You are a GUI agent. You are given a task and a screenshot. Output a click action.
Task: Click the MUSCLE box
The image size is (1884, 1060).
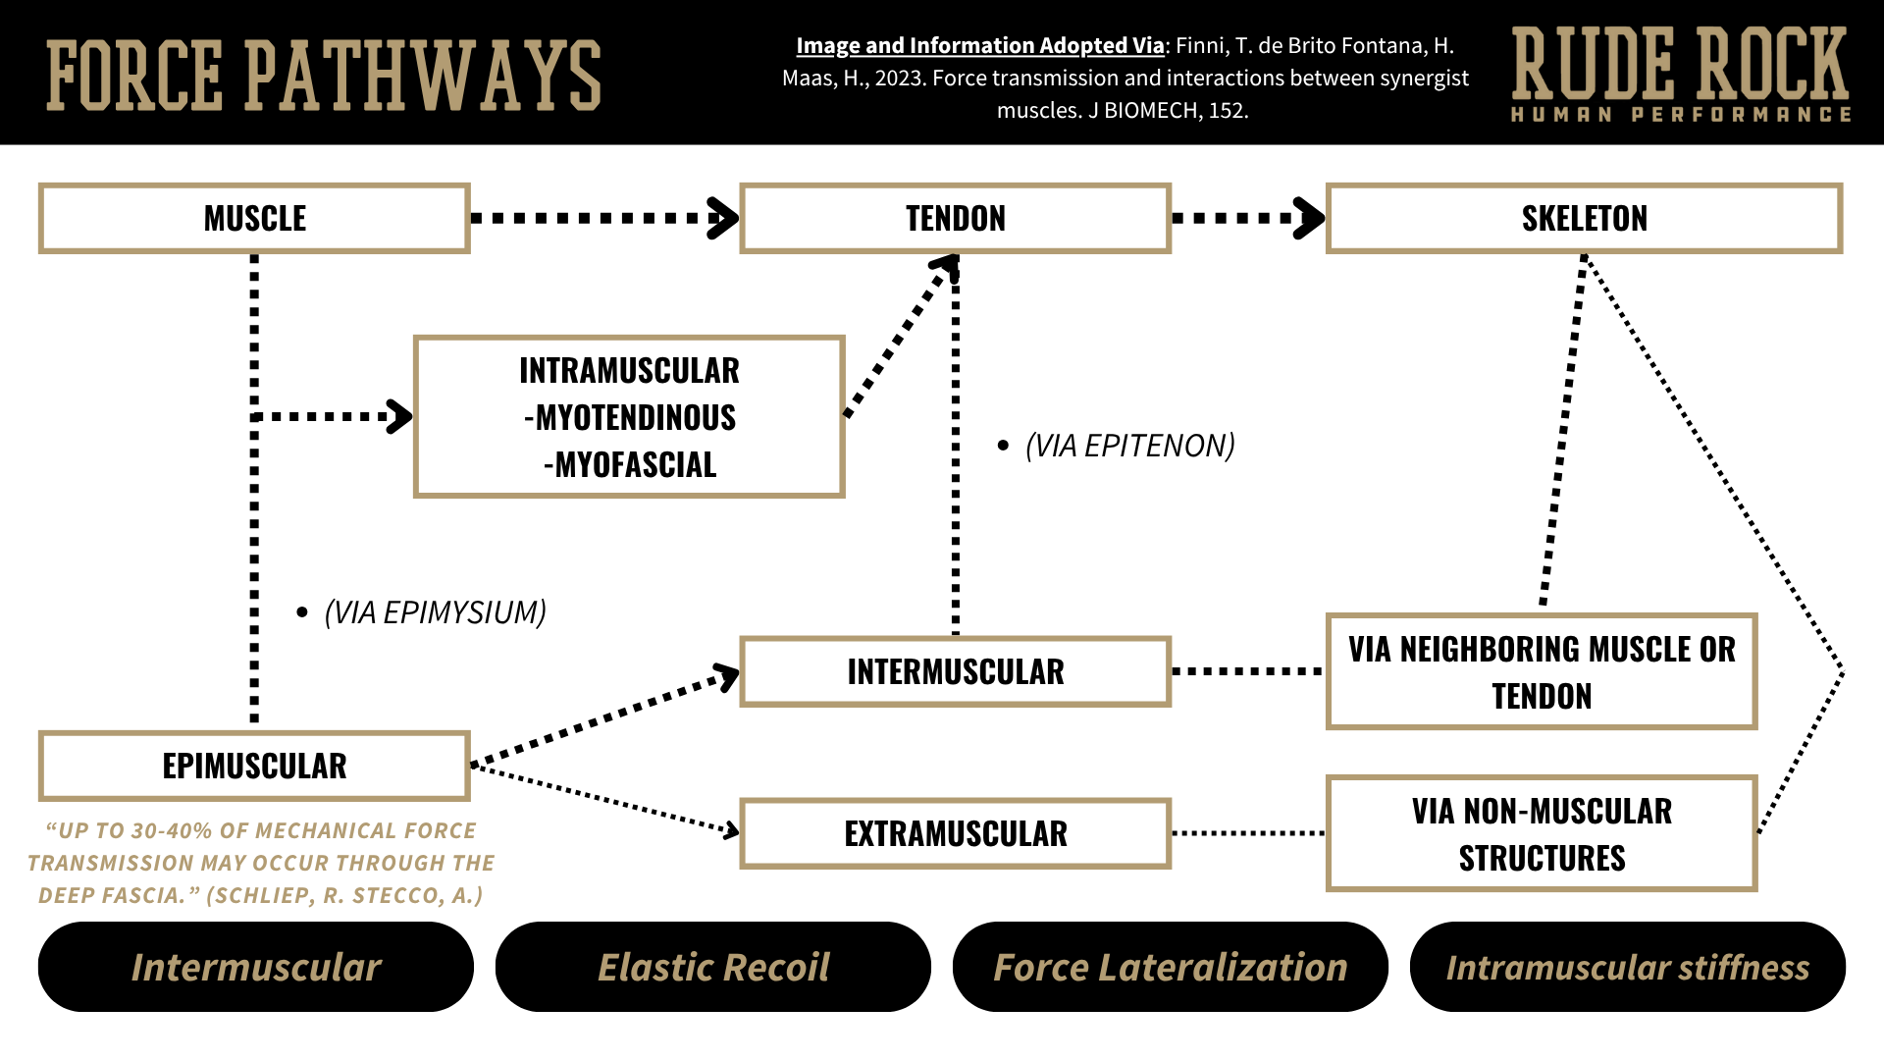point(254,218)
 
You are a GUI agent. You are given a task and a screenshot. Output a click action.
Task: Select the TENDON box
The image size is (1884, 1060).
point(955,218)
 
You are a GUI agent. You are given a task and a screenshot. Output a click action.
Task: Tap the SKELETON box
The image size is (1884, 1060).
point(1584,218)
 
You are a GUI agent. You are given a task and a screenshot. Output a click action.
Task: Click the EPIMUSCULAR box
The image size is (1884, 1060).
point(254,766)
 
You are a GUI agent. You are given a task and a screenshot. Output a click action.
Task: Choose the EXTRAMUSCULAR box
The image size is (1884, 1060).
point(955,833)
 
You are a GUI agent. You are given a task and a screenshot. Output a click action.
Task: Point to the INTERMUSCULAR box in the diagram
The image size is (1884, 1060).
point(955,671)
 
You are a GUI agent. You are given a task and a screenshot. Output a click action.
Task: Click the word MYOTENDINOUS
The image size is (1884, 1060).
point(635,418)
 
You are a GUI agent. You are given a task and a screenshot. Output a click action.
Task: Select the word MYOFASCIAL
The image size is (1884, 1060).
point(635,465)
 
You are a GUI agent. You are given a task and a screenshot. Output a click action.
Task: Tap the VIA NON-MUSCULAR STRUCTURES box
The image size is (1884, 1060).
point(1541,833)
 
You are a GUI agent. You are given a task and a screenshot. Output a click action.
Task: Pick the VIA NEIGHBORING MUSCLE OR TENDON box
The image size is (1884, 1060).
point(1541,672)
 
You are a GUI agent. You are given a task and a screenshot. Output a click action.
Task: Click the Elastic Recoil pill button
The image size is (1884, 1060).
point(713,967)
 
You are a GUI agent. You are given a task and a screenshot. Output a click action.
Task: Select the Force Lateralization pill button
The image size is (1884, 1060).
point(1170,967)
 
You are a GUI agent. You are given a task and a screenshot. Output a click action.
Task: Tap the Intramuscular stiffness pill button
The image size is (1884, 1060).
point(1627,967)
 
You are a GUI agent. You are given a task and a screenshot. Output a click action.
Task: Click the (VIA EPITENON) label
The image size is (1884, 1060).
point(1129,446)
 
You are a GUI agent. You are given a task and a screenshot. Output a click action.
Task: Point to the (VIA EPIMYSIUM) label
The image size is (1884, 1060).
point(435,612)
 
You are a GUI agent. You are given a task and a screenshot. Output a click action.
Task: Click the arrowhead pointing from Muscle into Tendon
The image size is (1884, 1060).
point(724,218)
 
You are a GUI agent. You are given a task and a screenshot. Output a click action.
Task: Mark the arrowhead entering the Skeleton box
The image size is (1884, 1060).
point(1310,218)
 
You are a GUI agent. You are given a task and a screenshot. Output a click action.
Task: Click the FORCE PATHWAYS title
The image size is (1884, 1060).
point(324,76)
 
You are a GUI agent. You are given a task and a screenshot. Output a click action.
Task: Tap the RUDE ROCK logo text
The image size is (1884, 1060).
point(1680,64)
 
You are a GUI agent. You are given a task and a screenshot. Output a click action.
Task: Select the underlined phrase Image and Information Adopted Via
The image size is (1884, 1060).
point(979,46)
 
